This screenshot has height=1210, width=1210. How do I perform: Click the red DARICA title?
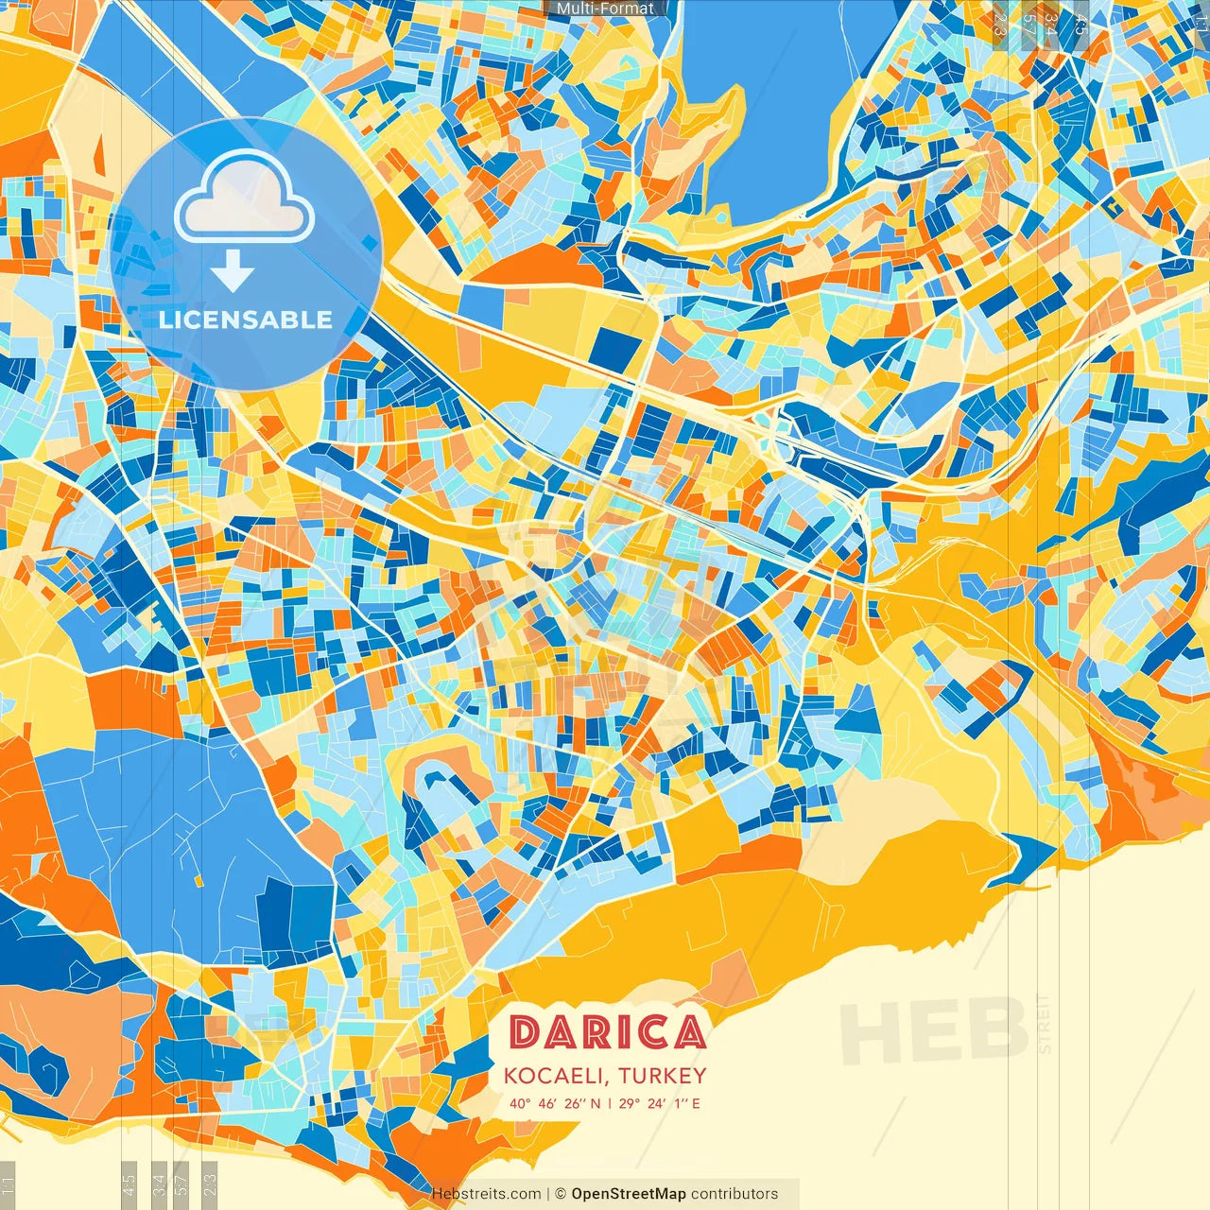(607, 1032)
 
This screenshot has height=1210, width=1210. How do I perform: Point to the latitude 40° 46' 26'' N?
(555, 1103)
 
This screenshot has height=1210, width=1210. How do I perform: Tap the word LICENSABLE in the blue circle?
(246, 320)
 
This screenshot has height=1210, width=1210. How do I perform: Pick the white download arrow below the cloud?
(232, 273)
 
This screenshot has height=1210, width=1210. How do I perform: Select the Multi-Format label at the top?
(605, 9)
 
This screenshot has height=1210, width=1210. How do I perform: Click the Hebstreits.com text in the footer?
(486, 1194)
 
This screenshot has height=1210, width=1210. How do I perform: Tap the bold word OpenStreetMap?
(629, 1194)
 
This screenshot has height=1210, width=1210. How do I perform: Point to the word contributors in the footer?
(735, 1194)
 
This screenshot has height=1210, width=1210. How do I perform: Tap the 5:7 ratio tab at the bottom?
(181, 1184)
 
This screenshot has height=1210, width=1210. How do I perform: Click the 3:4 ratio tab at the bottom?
(159, 1184)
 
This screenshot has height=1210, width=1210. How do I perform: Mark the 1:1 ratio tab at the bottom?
(8, 1184)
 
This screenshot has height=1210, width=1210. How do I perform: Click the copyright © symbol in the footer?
(560, 1194)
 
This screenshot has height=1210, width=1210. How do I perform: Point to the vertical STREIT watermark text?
(1045, 1023)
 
